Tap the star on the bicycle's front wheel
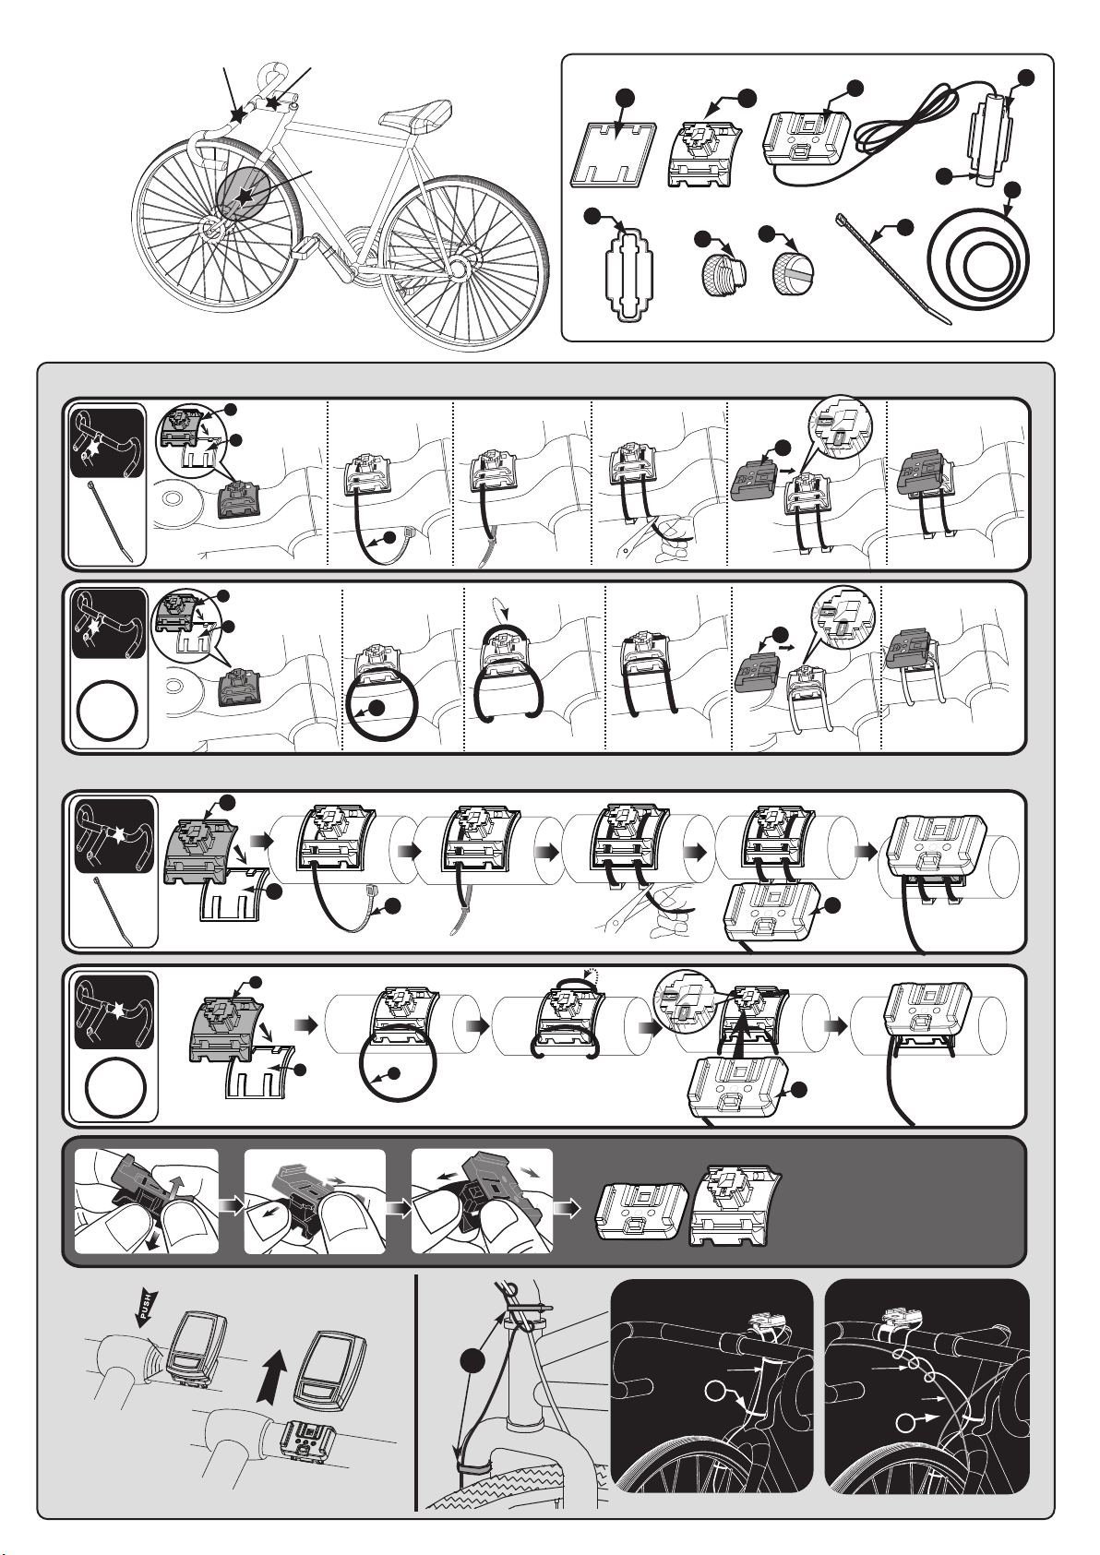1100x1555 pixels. point(244,197)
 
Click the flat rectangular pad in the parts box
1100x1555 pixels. point(614,155)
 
